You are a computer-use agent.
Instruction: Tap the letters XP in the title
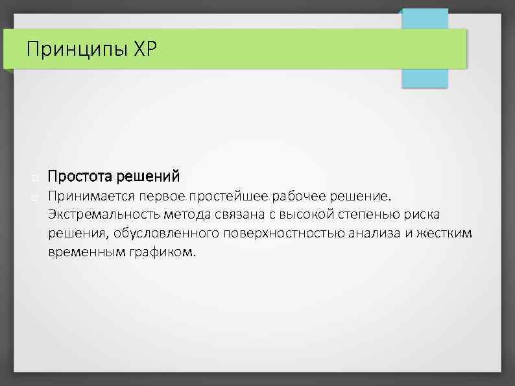[x=144, y=49]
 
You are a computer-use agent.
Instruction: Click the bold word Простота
[x=77, y=176]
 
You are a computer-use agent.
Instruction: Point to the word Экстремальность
[x=97, y=215]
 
